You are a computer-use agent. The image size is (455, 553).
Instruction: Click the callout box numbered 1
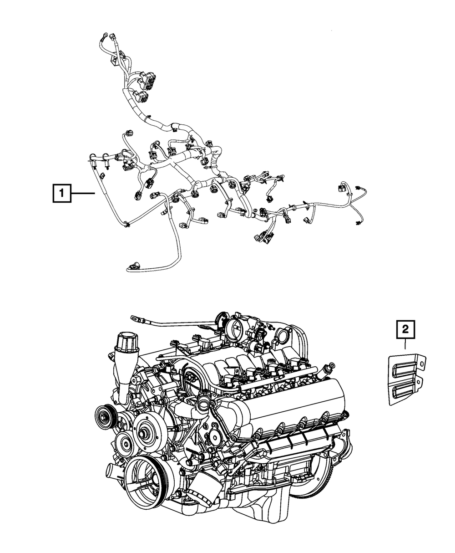click(x=61, y=193)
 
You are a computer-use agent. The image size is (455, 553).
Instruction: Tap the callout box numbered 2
click(x=405, y=329)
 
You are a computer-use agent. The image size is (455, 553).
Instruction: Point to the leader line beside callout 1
click(x=83, y=193)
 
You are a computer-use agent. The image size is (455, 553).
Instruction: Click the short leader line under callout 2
click(x=405, y=344)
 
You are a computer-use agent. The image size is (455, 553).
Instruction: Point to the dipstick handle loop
click(x=134, y=318)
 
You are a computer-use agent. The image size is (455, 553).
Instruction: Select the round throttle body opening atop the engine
click(x=235, y=329)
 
